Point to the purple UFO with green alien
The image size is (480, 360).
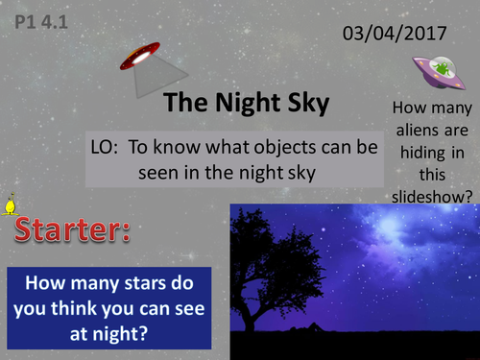438,72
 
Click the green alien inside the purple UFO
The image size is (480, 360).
440,69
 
